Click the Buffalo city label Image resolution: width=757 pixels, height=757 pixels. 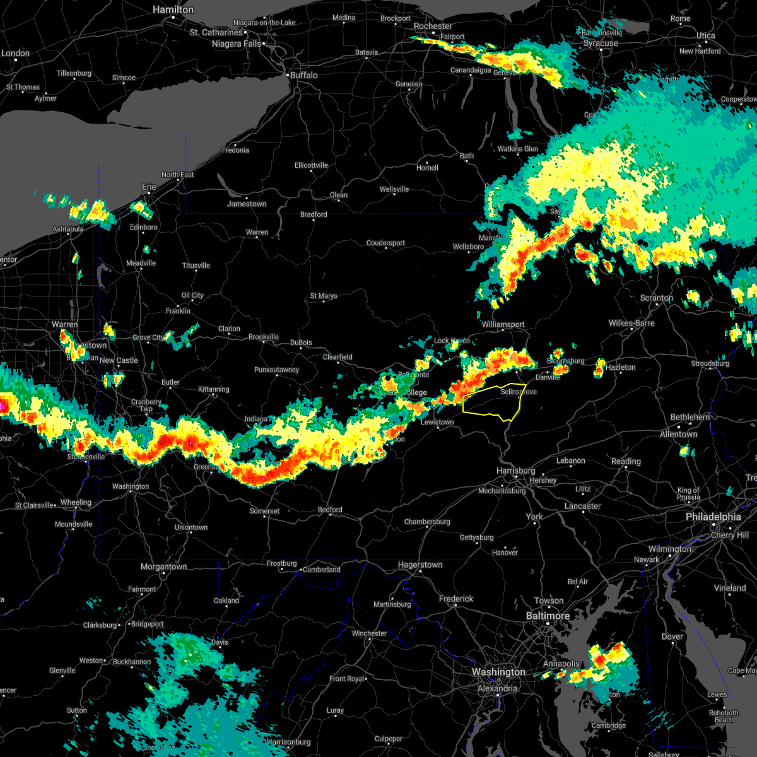coord(303,75)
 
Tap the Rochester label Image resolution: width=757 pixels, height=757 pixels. coord(433,26)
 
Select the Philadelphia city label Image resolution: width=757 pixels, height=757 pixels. coord(713,517)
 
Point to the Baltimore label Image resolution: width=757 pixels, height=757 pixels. coord(548,616)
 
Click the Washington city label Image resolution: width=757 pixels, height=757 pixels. coord(498,672)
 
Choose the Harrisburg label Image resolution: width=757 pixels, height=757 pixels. coord(515,471)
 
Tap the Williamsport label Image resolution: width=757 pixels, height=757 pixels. coord(503,324)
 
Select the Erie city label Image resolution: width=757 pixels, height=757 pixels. coord(149,187)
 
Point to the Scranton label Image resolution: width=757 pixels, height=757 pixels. coord(656,298)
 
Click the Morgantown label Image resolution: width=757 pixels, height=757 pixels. coord(163,566)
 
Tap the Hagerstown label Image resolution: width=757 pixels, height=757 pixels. coord(420,565)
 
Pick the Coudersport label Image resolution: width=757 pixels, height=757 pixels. coord(385,243)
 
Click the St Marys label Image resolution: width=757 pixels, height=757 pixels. coord(324,296)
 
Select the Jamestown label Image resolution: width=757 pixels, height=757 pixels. coord(247,204)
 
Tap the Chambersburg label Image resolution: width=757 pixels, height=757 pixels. coord(427,522)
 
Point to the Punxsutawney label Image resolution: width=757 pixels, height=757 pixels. coord(276,370)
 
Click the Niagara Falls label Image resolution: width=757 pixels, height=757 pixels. coord(236,44)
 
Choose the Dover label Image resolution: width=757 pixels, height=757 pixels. coord(672,637)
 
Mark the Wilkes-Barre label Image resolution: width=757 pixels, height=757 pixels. coord(631,323)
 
